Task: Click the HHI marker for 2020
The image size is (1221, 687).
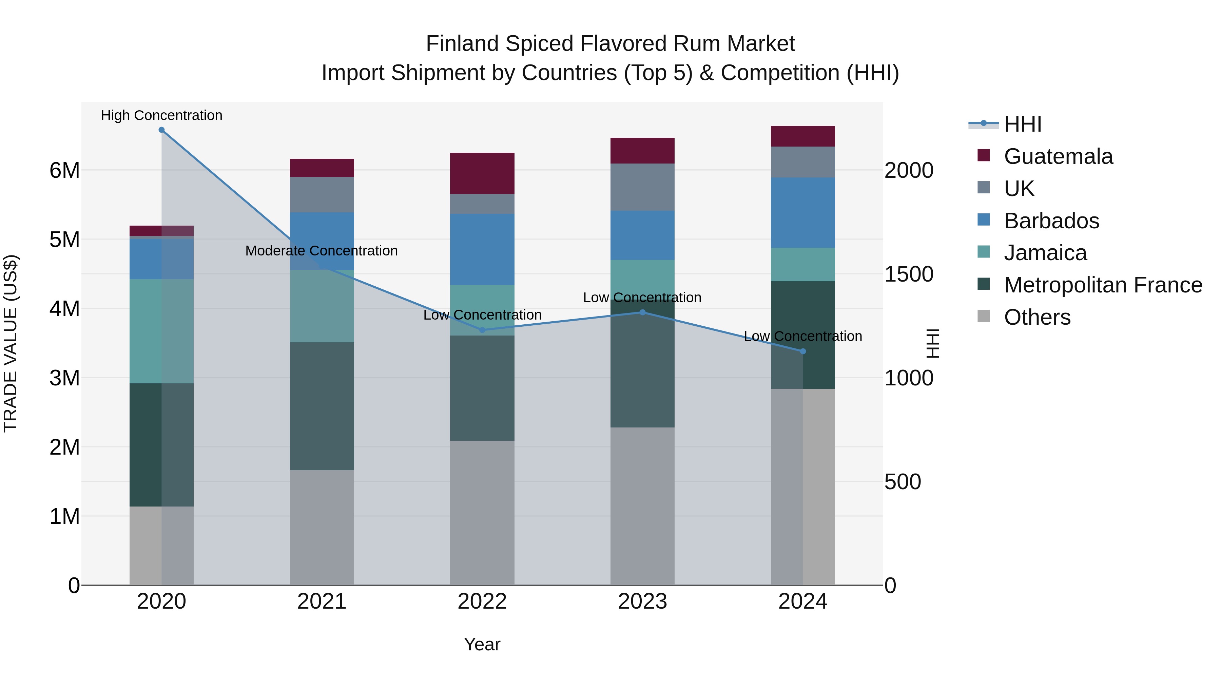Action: click(162, 130)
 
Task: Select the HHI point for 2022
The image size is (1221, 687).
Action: click(483, 330)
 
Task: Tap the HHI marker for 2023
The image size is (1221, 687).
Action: click(643, 312)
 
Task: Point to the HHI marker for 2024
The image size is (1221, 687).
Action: click(803, 351)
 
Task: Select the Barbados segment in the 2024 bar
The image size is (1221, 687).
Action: click(803, 212)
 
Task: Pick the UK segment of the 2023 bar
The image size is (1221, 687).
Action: click(643, 187)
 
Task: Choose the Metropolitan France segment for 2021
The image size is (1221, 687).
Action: click(322, 406)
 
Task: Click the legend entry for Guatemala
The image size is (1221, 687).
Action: click(1058, 156)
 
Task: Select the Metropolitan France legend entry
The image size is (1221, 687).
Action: click(1103, 285)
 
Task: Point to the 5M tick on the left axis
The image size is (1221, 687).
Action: click(64, 240)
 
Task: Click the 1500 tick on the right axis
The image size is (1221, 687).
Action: click(909, 274)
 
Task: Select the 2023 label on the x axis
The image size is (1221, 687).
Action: click(643, 602)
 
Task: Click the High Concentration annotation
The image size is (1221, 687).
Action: click(162, 115)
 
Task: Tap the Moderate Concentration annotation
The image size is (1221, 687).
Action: click(322, 251)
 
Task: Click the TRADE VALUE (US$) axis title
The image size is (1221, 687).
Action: click(11, 343)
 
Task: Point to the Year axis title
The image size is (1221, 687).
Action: click(482, 644)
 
